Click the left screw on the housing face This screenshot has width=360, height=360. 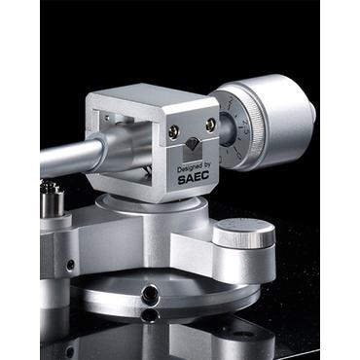pyautogui.click(x=174, y=130)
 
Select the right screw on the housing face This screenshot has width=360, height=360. pyautogui.click(x=210, y=125)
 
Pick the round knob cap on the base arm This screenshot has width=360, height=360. pyautogui.click(x=243, y=233)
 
